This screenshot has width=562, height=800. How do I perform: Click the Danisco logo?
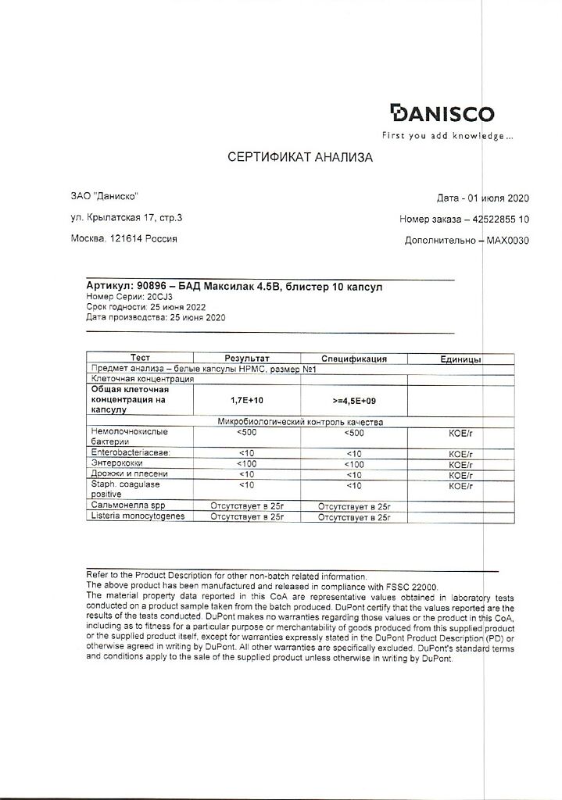tap(442, 114)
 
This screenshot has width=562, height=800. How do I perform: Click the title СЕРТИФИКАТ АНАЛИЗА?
tap(300, 157)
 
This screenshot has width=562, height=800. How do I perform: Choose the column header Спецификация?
tap(354, 359)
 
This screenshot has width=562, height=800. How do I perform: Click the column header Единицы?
tap(460, 359)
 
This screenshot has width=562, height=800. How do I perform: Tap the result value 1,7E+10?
tap(246, 399)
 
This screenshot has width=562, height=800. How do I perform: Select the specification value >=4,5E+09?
tap(354, 400)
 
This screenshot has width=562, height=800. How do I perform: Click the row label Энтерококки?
tap(120, 463)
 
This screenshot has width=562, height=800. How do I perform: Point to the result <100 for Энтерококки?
tap(246, 464)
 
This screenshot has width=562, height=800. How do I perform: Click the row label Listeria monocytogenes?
tap(138, 516)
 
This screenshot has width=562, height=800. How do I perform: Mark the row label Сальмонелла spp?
tap(129, 505)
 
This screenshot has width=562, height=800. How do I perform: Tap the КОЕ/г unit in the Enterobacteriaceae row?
tap(463, 453)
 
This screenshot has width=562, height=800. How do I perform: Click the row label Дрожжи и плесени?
tap(130, 473)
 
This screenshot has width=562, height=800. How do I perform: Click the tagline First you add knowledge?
tap(447, 136)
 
